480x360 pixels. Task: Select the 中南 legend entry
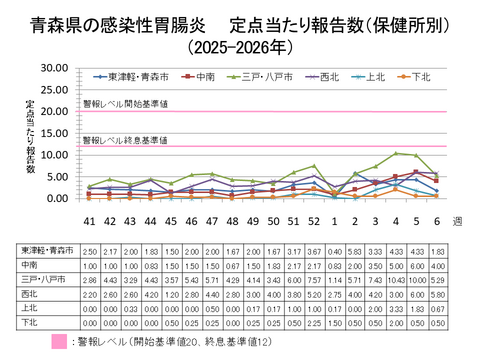pos(205,76)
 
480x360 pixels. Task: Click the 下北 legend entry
pos(420,76)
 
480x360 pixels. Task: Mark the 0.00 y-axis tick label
pos(55,198)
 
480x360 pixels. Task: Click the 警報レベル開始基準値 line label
pos(125,103)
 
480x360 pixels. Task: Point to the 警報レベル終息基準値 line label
pos(125,139)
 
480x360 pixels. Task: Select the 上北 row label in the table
pos(28,310)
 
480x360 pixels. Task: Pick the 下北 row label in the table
pos(28,324)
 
